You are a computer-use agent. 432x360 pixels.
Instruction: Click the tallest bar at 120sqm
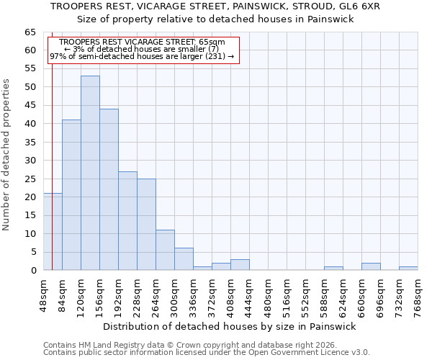pyautogui.click(x=90, y=173)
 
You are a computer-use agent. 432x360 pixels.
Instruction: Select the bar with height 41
pyautogui.click(x=71, y=195)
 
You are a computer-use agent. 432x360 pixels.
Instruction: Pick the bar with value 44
pyautogui.click(x=109, y=189)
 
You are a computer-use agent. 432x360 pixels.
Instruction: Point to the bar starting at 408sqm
pyautogui.click(x=240, y=265)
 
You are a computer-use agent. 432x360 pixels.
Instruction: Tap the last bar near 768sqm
pyautogui.click(x=408, y=269)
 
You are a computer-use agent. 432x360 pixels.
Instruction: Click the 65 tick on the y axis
pyautogui.click(x=30, y=32)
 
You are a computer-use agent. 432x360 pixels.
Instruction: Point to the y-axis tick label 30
pyautogui.click(x=30, y=161)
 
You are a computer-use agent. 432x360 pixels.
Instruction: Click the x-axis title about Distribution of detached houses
pyautogui.click(x=229, y=326)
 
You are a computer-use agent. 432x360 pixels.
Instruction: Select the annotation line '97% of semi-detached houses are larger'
pyautogui.click(x=142, y=56)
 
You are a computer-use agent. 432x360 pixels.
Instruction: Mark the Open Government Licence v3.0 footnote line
pyautogui.click(x=207, y=353)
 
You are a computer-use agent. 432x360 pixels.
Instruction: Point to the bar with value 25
pyautogui.click(x=146, y=225)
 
